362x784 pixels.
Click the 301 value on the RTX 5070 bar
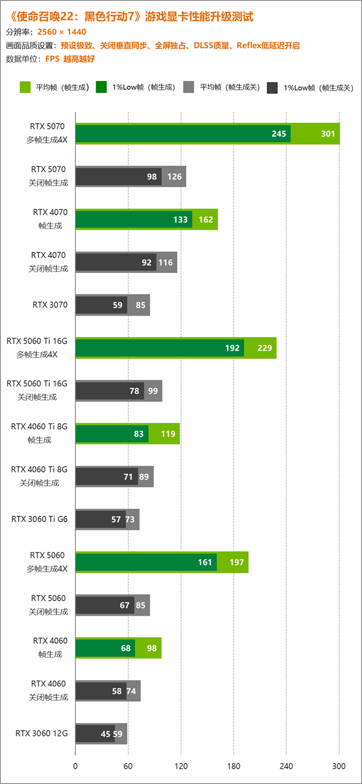pyautogui.click(x=328, y=134)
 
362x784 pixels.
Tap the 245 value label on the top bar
pyautogui.click(x=279, y=134)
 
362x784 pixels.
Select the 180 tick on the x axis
pyautogui.click(x=234, y=766)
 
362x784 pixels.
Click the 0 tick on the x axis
pyautogui.click(x=75, y=766)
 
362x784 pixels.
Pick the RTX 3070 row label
pyautogui.click(x=50, y=304)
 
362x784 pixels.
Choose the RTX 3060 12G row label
pyautogui.click(x=41, y=733)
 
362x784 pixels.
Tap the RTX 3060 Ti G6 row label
pyautogui.click(x=39, y=519)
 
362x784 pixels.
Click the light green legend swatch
pyautogui.click(x=25, y=87)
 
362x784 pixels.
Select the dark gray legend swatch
pyautogui.click(x=272, y=87)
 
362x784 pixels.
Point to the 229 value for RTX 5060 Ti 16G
pyautogui.click(x=264, y=348)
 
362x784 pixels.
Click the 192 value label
pyautogui.click(x=232, y=348)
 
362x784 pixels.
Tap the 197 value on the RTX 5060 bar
pyautogui.click(x=237, y=562)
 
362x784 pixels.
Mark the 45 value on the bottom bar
pyautogui.click(x=106, y=734)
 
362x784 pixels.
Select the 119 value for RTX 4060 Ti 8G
pyautogui.click(x=168, y=434)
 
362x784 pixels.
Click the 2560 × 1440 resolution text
pyautogui.click(x=61, y=32)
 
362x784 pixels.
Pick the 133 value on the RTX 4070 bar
pyautogui.click(x=181, y=220)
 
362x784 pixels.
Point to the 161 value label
pyautogui.click(x=205, y=562)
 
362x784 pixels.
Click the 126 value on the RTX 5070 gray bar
pyautogui.click(x=175, y=177)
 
